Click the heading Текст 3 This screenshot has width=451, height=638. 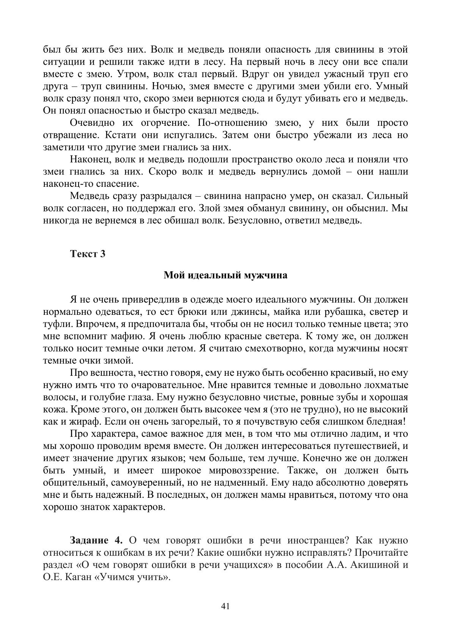[x=88, y=254]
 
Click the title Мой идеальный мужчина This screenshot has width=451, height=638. [x=225, y=275]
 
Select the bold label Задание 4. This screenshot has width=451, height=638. [x=96, y=539]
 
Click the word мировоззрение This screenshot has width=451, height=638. [x=252, y=471]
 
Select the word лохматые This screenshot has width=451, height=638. [x=387, y=385]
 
